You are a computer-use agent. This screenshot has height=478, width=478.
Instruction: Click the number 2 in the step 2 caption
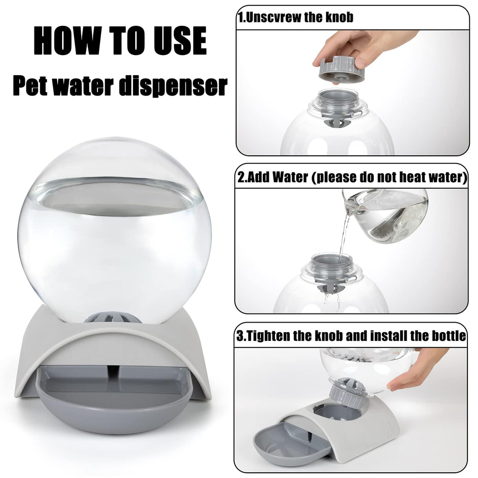pyautogui.click(x=241, y=178)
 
